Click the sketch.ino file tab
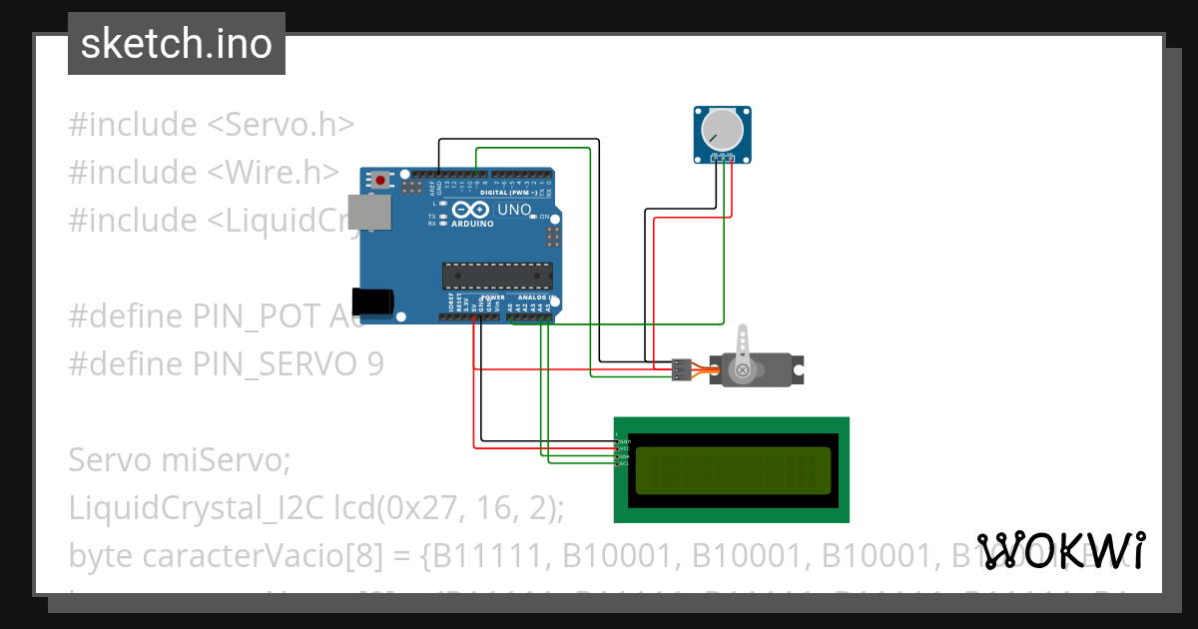pos(177,44)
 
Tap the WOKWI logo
pos(1060,550)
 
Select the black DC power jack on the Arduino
pos(375,299)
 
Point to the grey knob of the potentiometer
pos(720,131)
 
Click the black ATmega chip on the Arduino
pos(497,276)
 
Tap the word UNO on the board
pos(514,210)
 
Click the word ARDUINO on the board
pos(472,224)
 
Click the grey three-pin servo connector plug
pos(681,369)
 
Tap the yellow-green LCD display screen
pos(732,470)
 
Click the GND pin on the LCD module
pos(623,440)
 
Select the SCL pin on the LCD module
pos(623,464)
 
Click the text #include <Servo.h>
pos(211,125)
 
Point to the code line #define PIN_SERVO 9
pos(226,364)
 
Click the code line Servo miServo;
pos(179,460)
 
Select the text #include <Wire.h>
pos(204,173)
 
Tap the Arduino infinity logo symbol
pos(471,210)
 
